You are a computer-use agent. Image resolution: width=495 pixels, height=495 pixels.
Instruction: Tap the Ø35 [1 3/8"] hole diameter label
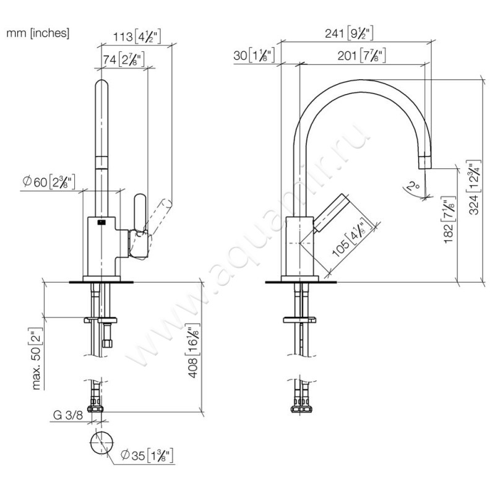click(x=148, y=456)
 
